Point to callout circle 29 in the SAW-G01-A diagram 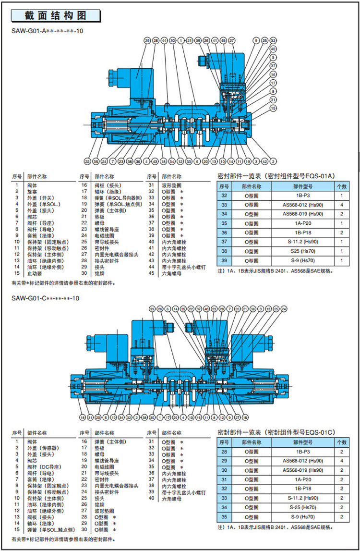point(147,41)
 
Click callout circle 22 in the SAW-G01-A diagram point(87,161)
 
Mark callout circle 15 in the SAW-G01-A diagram point(273,109)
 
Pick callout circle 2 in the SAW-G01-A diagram point(273,161)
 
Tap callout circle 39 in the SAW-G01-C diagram point(152,308)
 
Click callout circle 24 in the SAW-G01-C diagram point(284,308)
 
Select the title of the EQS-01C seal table point(276,432)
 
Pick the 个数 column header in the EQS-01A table point(341,186)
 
